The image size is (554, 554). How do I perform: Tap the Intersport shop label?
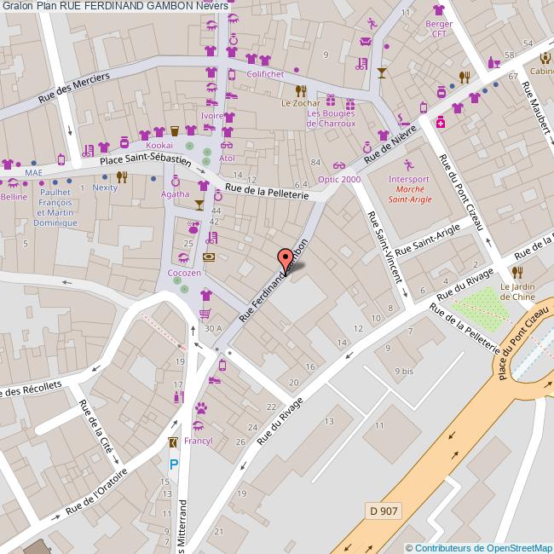[x=409, y=179]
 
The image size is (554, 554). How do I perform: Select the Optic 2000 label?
[x=339, y=180]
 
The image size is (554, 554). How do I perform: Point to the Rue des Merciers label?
[x=75, y=88]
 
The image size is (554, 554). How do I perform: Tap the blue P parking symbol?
[x=174, y=465]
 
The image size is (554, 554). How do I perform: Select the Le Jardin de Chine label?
[x=517, y=291]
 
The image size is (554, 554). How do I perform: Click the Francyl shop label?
[x=198, y=441]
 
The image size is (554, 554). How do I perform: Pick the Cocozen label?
[x=184, y=273]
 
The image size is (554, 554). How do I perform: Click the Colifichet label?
[x=266, y=73]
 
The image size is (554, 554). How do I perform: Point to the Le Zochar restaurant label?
[x=300, y=103]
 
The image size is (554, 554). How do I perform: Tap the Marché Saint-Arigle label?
[x=411, y=193]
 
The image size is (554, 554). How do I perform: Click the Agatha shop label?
[x=176, y=194]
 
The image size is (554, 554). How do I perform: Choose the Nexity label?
[x=105, y=188]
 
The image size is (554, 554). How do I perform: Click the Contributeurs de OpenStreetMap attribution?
[x=479, y=547]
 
